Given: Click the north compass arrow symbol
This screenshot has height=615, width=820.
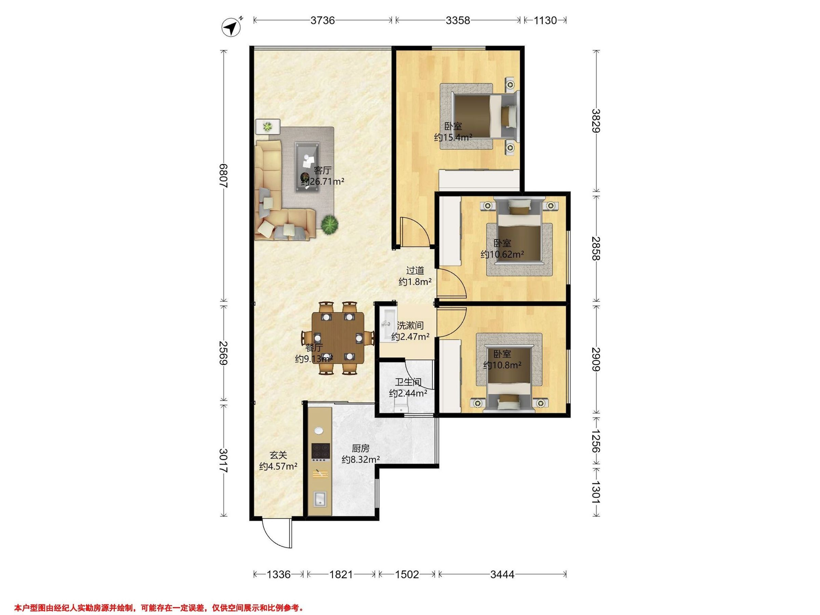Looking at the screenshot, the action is coord(231,27).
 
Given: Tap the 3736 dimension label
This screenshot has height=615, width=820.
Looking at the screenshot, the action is coord(323,20).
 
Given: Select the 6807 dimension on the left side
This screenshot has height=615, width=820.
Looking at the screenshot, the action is coord(223,176).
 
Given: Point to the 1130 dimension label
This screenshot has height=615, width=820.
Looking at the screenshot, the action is coord(545,20).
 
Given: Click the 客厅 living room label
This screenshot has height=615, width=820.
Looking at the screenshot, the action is coord(322,170).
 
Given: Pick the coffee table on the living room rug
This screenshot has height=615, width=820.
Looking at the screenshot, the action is coord(307,167).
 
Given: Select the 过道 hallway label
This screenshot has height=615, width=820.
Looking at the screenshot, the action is coord(415,271).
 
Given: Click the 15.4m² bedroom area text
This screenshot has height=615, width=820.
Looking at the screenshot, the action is coord(453,138).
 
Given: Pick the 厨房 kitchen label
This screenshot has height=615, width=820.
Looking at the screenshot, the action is coord(360,449).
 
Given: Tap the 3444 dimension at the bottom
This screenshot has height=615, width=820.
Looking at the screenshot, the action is coord(502,575).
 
